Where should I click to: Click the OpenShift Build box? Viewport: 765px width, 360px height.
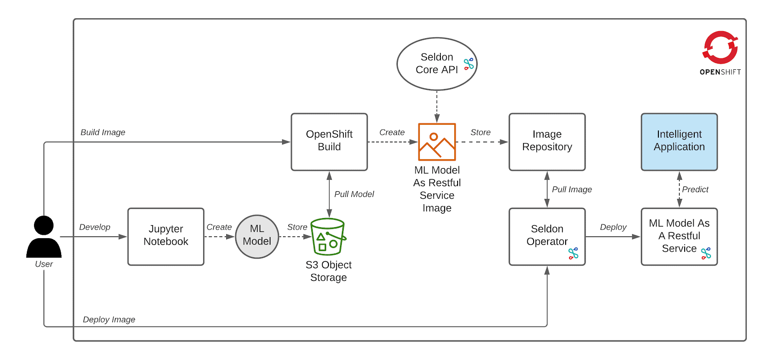(329, 142)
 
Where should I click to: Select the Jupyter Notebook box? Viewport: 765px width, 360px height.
(166, 236)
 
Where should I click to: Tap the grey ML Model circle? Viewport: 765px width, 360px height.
(257, 236)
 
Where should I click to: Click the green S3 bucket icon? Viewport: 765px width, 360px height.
(328, 236)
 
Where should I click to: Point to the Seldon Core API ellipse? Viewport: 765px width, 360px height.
(437, 64)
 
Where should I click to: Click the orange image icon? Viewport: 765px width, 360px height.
(437, 142)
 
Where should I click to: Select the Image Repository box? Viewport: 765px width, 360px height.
(547, 142)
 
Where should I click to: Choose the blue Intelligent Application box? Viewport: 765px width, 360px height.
(679, 142)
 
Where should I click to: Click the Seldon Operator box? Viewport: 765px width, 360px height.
(547, 236)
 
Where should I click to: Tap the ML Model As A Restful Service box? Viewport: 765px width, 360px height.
(679, 236)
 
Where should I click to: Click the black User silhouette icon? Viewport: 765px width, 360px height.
(44, 236)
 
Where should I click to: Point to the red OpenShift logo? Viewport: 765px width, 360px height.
(720, 47)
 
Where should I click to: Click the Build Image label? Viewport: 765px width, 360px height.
(103, 132)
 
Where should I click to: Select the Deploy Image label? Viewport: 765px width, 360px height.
(109, 319)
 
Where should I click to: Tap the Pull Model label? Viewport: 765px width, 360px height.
(354, 194)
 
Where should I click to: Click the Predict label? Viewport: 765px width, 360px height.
(695, 189)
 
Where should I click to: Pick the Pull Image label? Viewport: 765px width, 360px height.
(572, 189)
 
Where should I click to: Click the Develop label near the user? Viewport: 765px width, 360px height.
(95, 227)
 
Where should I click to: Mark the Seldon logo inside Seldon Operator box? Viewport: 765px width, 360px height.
(573, 253)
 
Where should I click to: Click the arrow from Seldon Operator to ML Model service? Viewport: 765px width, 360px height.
(613, 236)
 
